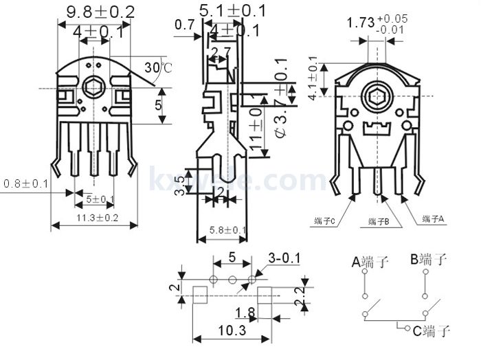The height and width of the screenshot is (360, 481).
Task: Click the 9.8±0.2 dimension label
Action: pos(100,11)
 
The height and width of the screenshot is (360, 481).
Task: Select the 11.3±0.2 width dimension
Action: pos(97,218)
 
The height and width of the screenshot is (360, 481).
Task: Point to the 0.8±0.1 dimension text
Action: pos(26,184)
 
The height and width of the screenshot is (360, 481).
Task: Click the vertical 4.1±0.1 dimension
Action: pos(314,82)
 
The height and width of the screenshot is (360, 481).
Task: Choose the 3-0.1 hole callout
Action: pos(284,258)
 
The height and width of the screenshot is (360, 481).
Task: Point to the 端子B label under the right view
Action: pos(379,222)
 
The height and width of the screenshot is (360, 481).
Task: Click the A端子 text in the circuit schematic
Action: pos(370,261)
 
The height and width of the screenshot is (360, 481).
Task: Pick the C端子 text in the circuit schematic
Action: pos(431,331)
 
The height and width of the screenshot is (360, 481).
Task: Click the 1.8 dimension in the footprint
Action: pos(244,313)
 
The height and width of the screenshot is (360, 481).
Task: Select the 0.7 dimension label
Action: pos(184,25)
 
